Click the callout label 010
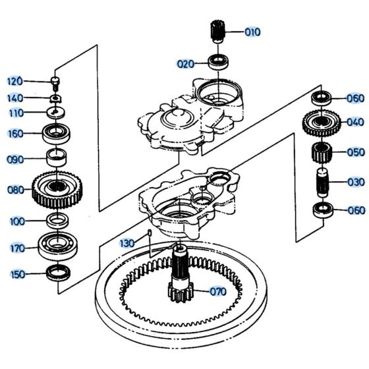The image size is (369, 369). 235,31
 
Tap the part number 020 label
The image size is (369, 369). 185,64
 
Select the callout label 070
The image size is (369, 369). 217,291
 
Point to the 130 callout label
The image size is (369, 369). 127,243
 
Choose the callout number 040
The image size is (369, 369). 355,121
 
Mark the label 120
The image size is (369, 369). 14,81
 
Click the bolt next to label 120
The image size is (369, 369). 56,82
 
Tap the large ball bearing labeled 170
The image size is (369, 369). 56,246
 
